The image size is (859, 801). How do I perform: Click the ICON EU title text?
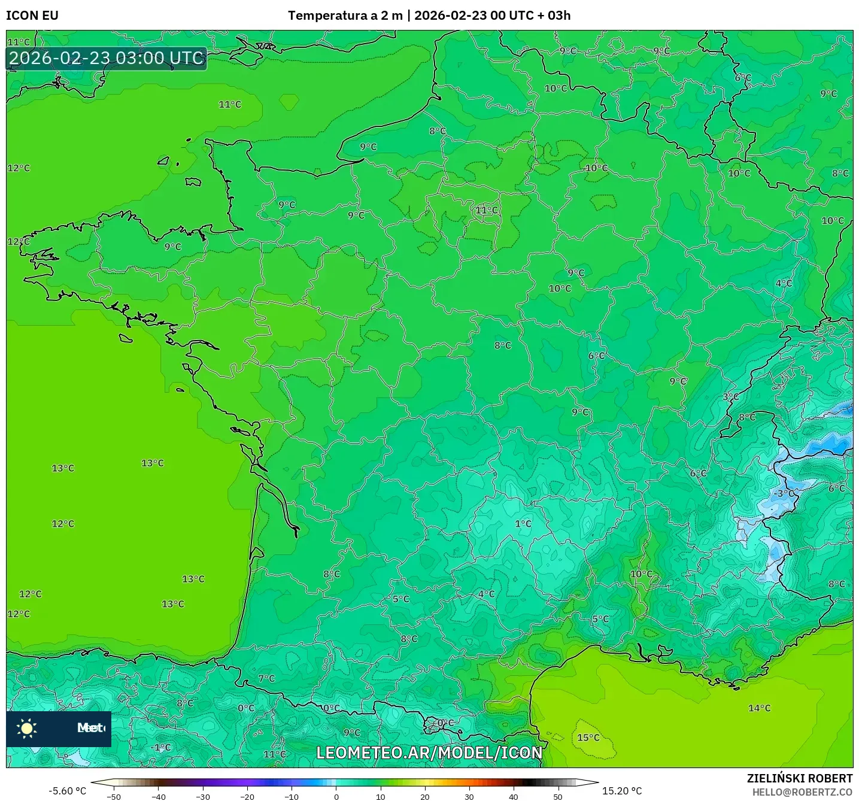[x=32, y=16]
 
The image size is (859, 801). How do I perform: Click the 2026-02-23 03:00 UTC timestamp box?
[x=107, y=58]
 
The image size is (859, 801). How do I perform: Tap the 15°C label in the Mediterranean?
[x=588, y=738]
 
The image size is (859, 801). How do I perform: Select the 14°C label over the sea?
[x=760, y=708]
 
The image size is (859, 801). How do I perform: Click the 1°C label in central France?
[x=523, y=524]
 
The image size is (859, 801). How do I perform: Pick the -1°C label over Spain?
[x=161, y=747]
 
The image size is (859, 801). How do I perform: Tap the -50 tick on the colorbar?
[x=113, y=797]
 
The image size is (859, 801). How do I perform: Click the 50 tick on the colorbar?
[x=558, y=797]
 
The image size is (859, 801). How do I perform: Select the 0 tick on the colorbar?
[x=336, y=797]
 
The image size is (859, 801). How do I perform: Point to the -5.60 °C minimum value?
[x=67, y=791]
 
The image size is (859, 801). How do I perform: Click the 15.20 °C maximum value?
[x=622, y=791]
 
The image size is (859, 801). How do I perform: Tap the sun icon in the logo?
[x=27, y=728]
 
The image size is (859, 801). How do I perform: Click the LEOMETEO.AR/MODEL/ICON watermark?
[x=429, y=753]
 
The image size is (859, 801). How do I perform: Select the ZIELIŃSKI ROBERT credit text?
[x=800, y=778]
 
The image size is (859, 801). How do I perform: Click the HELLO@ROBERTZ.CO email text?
[x=802, y=792]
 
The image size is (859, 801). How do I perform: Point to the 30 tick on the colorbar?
[x=469, y=797]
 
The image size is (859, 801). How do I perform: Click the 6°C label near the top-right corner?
[x=743, y=78]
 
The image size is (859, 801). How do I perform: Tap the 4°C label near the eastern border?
[x=784, y=283]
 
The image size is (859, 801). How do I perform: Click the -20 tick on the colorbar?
[x=247, y=797]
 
